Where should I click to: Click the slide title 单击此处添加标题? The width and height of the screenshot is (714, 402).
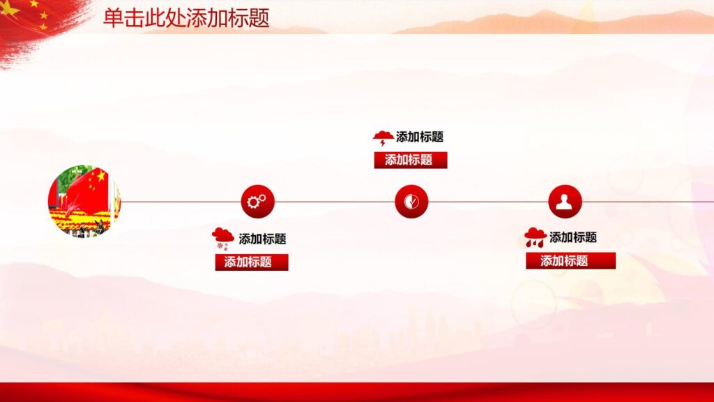point(186,17)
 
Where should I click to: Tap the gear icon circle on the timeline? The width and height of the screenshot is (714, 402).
point(257,202)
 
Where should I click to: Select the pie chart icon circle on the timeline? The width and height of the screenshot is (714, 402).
point(411,202)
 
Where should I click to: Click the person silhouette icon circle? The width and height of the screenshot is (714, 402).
point(565,202)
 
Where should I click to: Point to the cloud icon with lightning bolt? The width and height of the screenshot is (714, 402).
point(383,137)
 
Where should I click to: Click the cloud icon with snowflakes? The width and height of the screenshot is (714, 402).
point(222,238)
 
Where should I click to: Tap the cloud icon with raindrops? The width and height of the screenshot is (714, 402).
point(535,237)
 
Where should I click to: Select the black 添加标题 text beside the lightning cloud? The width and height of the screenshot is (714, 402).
point(420,137)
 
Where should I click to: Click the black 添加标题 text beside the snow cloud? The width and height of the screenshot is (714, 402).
point(262,239)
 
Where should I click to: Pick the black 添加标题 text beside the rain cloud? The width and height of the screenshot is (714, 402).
point(572,237)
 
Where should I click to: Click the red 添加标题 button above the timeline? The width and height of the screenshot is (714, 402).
point(410,160)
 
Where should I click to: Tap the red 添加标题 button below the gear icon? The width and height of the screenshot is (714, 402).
point(251,262)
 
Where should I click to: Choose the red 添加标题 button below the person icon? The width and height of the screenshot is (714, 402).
point(570,261)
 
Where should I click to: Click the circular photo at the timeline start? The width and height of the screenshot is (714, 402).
point(84,201)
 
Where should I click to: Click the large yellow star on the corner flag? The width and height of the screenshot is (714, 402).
point(10,8)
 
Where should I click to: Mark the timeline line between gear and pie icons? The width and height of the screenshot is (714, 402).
point(335,202)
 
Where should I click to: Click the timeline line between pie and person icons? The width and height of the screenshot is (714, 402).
point(488,202)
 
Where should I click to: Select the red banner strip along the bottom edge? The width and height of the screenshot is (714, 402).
point(357,392)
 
